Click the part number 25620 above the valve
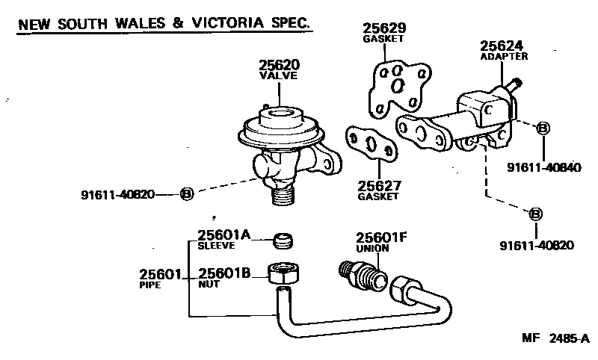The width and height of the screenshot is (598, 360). [278, 65]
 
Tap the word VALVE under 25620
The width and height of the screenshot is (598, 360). [278, 75]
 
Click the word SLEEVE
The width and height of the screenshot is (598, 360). [216, 245]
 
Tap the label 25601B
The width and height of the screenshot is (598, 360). [222, 274]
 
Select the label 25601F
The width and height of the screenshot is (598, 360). [380, 238]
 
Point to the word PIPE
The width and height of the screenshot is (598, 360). [150, 285]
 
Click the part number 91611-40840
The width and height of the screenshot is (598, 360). [543, 168]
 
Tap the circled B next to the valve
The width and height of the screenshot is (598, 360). [187, 194]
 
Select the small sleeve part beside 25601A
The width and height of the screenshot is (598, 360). [283, 240]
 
